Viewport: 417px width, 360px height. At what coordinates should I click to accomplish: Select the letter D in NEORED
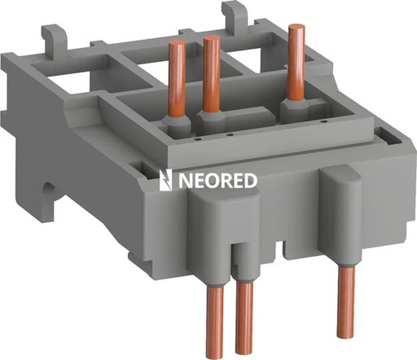tap(250, 180)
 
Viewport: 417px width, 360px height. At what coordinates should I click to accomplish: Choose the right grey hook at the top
tap(236, 12)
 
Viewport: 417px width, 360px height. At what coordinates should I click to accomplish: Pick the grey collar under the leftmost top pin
tap(174, 125)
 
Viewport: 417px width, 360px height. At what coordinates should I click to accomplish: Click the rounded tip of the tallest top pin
tap(296, 29)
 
